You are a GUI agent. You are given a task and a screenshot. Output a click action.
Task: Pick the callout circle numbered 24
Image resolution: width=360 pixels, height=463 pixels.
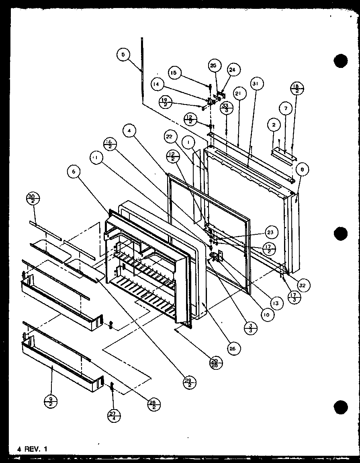(x=232, y=70)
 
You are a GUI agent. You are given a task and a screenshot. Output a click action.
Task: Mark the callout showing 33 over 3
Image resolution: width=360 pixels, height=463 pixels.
(x=227, y=109)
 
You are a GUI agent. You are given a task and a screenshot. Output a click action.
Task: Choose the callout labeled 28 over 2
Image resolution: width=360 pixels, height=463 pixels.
(x=153, y=405)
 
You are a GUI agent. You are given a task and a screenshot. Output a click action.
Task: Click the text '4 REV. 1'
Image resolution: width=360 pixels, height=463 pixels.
(x=32, y=449)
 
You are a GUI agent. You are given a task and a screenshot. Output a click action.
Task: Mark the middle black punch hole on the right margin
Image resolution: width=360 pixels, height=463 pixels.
(x=340, y=233)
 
